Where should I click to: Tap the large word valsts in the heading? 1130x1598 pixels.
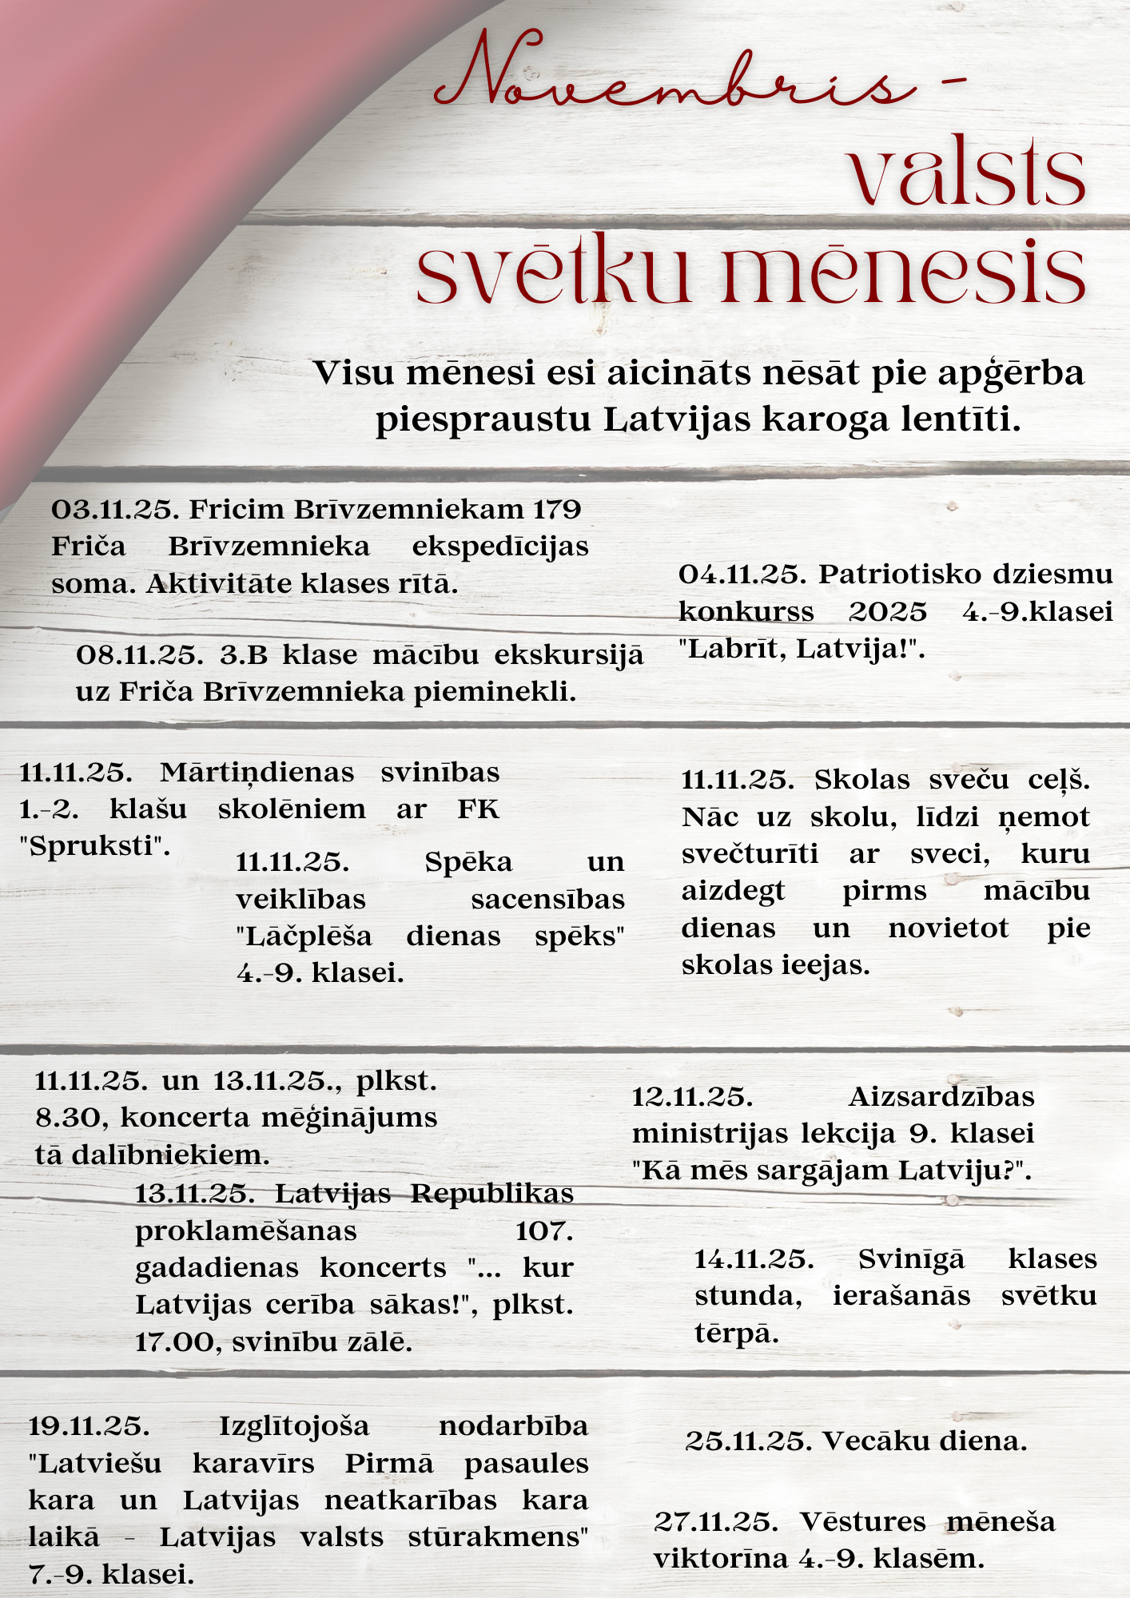967,174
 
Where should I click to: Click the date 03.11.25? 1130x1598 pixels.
116,509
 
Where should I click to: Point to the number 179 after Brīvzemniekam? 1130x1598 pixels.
557,509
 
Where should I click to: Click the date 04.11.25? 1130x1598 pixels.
744,574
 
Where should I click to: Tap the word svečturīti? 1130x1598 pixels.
750,854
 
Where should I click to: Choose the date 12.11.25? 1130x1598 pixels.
692,1097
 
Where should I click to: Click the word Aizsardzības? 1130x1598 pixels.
941,1097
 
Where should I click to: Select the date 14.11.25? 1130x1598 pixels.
754,1259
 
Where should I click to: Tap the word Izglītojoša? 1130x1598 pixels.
294,1426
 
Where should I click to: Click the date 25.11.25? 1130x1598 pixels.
749,1441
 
